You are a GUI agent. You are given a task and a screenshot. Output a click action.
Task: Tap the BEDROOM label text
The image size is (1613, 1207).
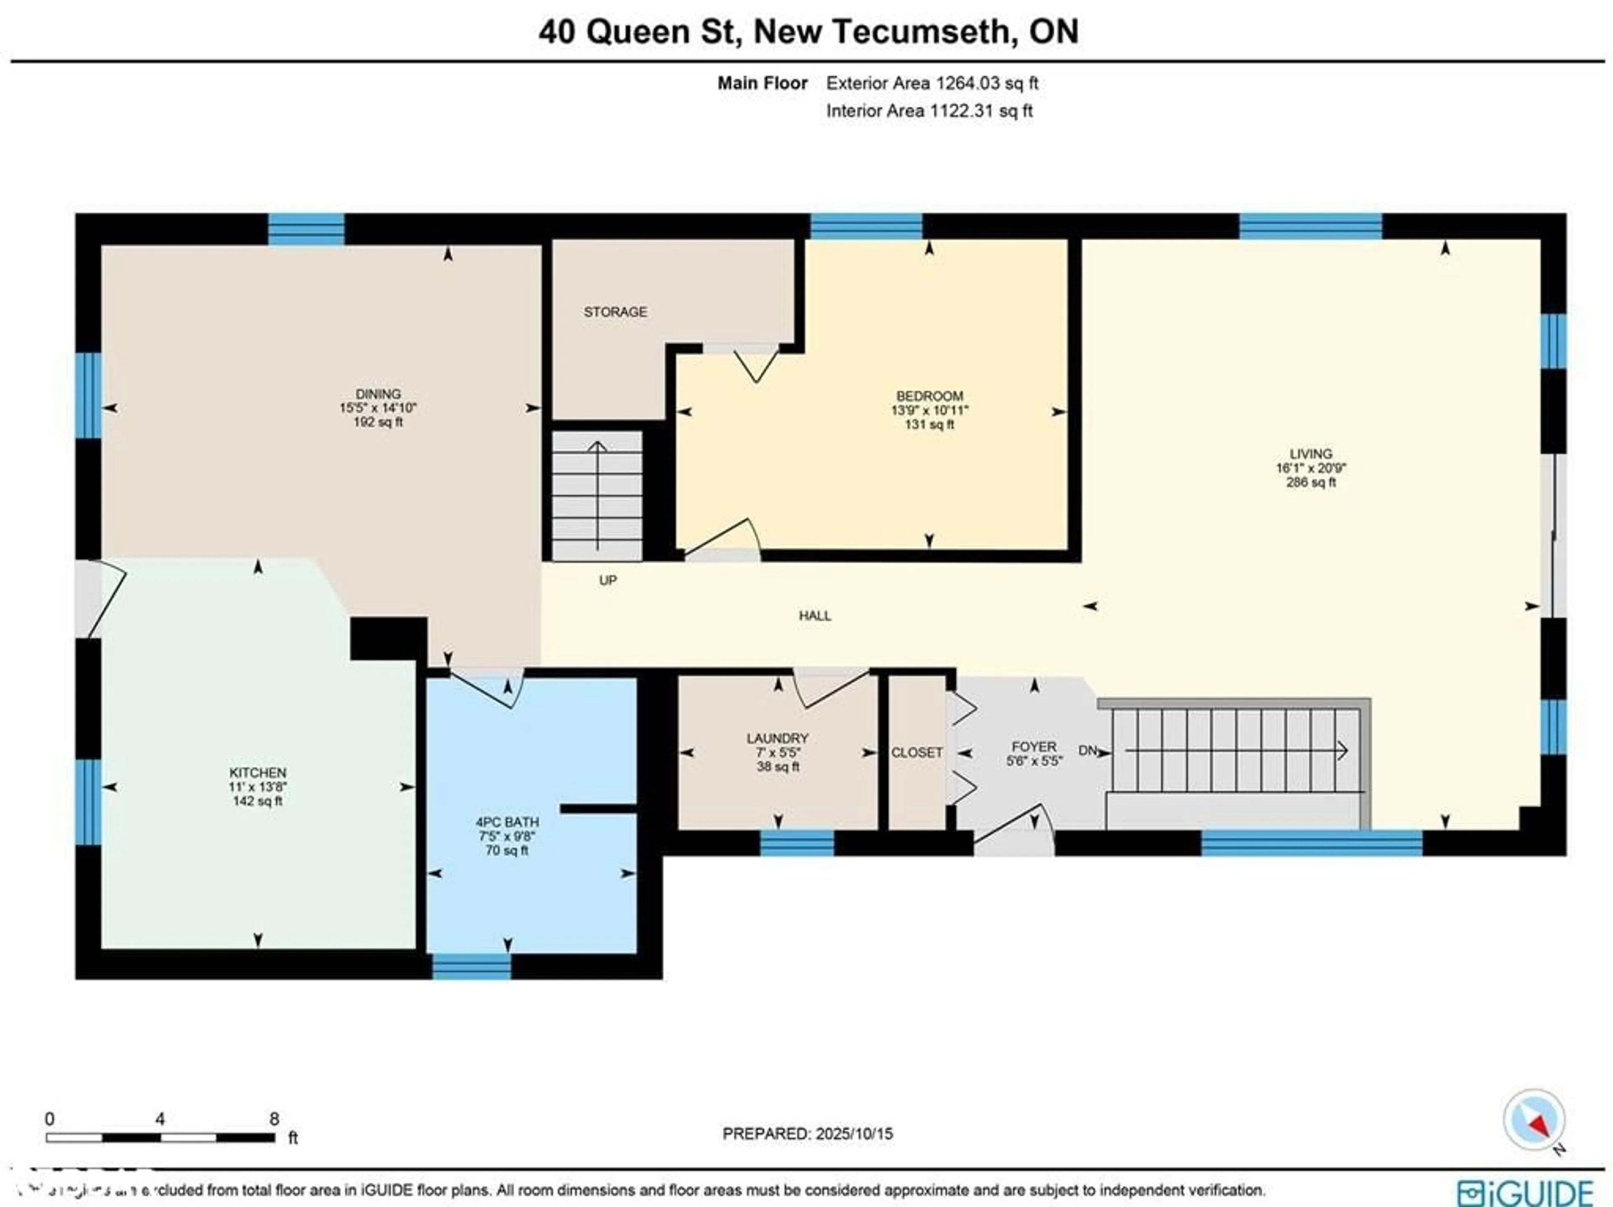click(x=929, y=396)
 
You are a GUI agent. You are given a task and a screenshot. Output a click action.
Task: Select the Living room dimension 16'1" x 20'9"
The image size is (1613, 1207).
click(x=1311, y=468)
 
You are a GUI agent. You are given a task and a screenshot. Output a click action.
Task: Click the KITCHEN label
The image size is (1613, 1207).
click(x=257, y=772)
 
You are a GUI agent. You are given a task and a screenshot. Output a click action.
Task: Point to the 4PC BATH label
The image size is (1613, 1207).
click(x=507, y=822)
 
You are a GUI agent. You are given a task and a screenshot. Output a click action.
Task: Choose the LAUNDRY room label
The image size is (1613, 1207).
click(x=778, y=738)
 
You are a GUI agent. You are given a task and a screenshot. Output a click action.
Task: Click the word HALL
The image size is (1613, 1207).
click(x=814, y=615)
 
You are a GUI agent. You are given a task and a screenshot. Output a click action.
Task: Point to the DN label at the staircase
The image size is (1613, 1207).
click(x=1087, y=750)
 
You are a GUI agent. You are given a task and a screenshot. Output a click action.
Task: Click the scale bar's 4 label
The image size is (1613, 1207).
click(x=160, y=1119)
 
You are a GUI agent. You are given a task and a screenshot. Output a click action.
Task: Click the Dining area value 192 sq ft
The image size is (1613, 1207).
click(x=378, y=422)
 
